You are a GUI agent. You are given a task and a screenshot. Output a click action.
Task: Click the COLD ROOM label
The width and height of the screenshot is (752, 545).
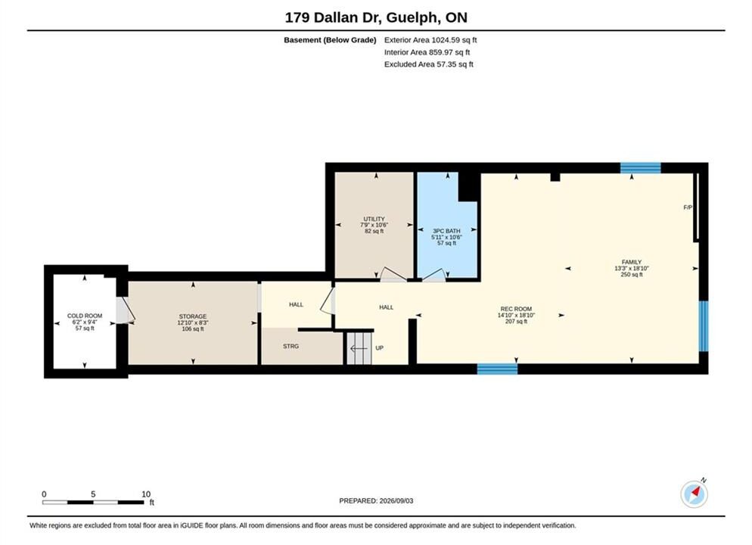point(85,316)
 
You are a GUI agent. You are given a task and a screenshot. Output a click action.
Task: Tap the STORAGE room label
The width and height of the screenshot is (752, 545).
point(193,316)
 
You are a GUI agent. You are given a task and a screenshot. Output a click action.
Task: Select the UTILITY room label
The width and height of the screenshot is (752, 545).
point(374,219)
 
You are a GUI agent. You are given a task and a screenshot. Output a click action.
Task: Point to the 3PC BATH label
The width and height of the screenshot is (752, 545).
point(446,231)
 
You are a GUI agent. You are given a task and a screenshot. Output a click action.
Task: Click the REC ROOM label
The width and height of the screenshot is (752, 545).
point(516,309)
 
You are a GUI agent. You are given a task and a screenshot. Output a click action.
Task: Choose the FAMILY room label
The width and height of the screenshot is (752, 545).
point(631,263)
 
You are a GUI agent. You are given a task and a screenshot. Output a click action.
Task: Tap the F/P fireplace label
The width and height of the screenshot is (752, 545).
point(688,207)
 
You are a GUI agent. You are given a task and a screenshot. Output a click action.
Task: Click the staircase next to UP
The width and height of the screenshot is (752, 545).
point(359,348)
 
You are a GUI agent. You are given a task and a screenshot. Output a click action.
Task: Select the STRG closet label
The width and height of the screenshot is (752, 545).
point(291,346)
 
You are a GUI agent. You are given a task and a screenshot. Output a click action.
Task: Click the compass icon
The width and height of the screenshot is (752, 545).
point(694,494)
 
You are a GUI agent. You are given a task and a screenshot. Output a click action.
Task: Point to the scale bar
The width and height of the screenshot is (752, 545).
point(93,503)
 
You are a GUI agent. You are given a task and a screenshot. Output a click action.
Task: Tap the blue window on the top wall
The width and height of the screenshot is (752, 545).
point(640,168)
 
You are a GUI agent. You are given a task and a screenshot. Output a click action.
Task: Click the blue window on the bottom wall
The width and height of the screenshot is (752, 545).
point(497,369)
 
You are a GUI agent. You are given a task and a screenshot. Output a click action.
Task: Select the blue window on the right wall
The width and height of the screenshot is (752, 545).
point(703,326)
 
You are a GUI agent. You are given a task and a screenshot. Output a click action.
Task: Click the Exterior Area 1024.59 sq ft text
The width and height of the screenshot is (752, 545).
point(430,40)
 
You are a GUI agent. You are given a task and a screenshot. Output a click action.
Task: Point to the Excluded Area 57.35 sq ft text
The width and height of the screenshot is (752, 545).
point(429,64)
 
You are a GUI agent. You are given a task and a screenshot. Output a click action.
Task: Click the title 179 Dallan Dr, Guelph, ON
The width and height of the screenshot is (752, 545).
point(376,17)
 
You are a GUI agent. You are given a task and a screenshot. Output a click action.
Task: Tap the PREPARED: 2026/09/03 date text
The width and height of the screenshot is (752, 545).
point(376,501)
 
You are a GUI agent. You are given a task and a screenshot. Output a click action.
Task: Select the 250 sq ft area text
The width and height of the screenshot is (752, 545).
point(631,275)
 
